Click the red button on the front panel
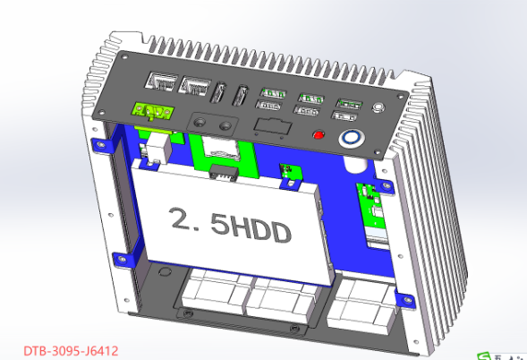click(319, 135)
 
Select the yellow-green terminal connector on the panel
click(153, 111)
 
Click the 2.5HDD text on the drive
click(231, 226)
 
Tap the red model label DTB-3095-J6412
click(71, 351)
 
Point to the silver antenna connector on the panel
click(378, 107)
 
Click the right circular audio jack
click(225, 125)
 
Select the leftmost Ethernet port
click(161, 81)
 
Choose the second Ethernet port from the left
click(194, 87)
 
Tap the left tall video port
click(217, 92)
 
